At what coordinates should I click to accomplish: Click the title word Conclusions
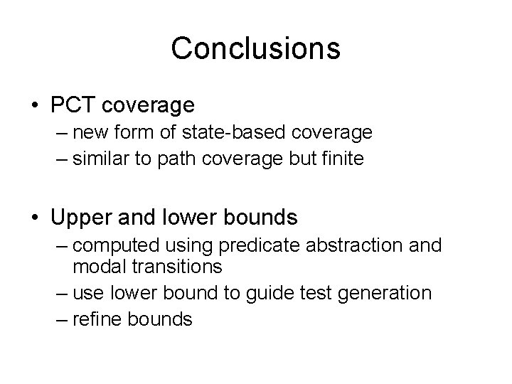pos(255,48)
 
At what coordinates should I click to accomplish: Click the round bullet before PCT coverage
pos(35,106)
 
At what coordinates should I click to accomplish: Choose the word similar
pos(100,159)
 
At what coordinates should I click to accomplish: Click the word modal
pos(95,267)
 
